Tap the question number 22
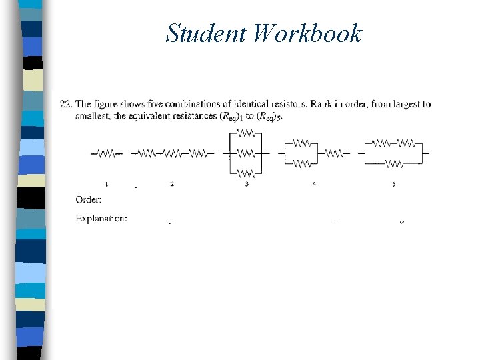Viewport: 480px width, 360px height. pyautogui.click(x=65, y=104)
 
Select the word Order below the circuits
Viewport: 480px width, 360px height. pyautogui.click(x=89, y=199)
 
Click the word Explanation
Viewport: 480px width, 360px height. pyautogui.click(x=101, y=218)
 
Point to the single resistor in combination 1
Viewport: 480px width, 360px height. pyautogui.click(x=107, y=153)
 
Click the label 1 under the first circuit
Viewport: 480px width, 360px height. pyautogui.click(x=107, y=183)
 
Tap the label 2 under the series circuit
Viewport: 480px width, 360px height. pyautogui.click(x=172, y=183)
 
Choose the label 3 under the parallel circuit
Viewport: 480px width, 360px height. pyautogui.click(x=247, y=183)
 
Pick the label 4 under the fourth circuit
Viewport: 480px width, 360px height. pyautogui.click(x=314, y=183)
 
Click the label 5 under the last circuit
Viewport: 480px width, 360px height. pyautogui.click(x=393, y=183)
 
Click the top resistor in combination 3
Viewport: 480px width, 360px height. pyautogui.click(x=246, y=133)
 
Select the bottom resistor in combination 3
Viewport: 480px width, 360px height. pyautogui.click(x=246, y=173)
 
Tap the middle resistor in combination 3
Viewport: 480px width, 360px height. pyautogui.click(x=246, y=153)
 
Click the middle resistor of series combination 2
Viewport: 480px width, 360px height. pyautogui.click(x=172, y=153)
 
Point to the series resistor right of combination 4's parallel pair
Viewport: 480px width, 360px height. pyautogui.click(x=335, y=153)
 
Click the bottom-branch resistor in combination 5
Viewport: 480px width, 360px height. pyautogui.click(x=393, y=163)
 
